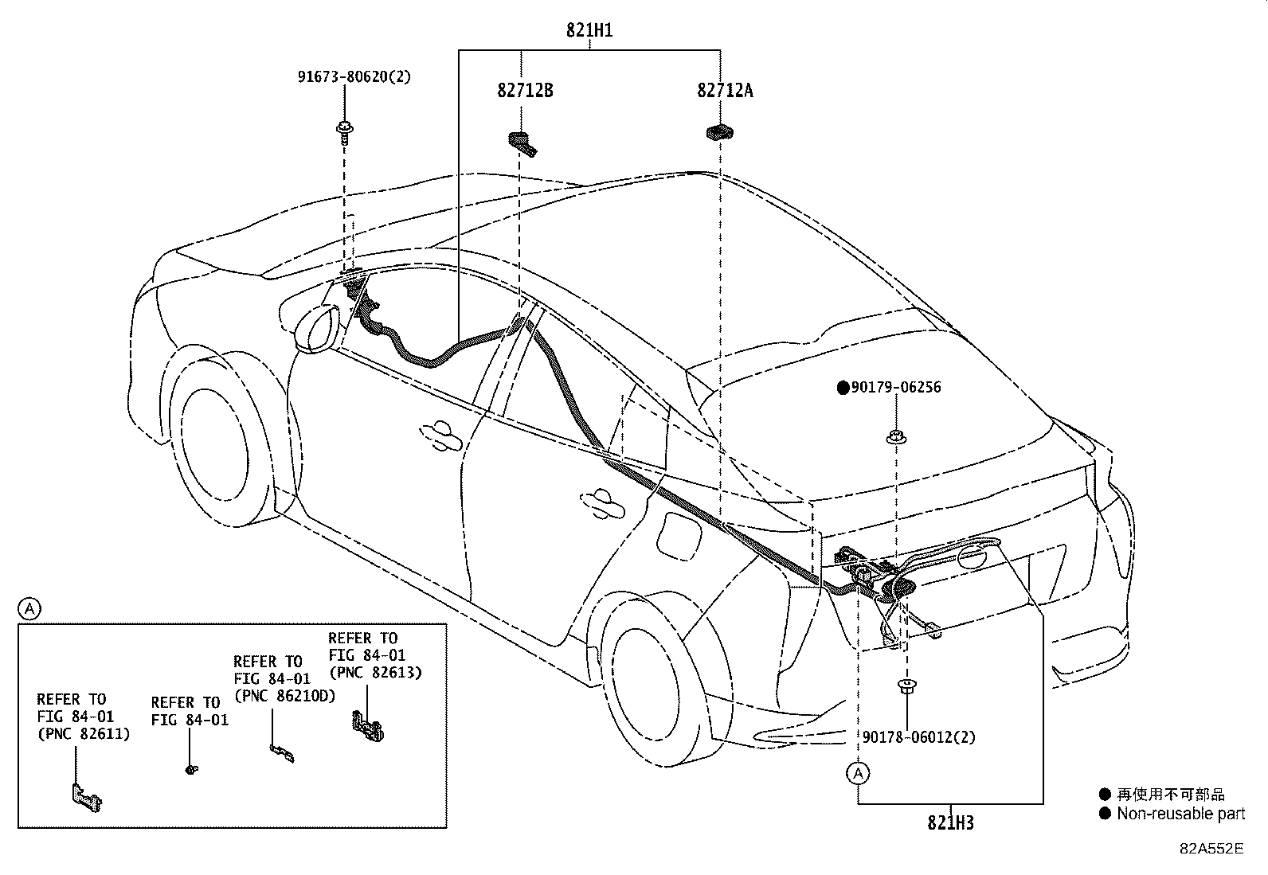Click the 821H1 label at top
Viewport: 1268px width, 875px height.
pos(589,31)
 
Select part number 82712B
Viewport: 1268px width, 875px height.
pos(525,90)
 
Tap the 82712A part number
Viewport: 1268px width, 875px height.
pos(725,90)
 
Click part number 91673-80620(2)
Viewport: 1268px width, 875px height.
pos(354,77)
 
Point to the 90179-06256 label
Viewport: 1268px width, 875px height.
pos(896,388)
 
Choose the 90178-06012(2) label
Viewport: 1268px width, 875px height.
pos(918,737)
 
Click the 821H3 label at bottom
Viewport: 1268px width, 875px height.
pos(949,822)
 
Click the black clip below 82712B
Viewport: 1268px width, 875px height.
pos(523,143)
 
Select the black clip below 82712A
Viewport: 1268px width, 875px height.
pos(719,132)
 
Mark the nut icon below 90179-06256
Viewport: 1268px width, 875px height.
pos(896,436)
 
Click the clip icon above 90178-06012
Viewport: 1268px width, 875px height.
pos(906,686)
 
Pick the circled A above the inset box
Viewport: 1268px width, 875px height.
pos(29,609)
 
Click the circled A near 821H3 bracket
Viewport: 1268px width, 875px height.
pos(858,773)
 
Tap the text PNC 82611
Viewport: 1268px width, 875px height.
pos(83,733)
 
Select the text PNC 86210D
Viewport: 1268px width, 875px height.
pos(284,696)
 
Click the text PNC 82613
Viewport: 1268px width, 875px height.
pos(375,672)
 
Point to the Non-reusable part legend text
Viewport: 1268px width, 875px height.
pos(1180,814)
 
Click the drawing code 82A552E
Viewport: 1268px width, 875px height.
pos(1211,849)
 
